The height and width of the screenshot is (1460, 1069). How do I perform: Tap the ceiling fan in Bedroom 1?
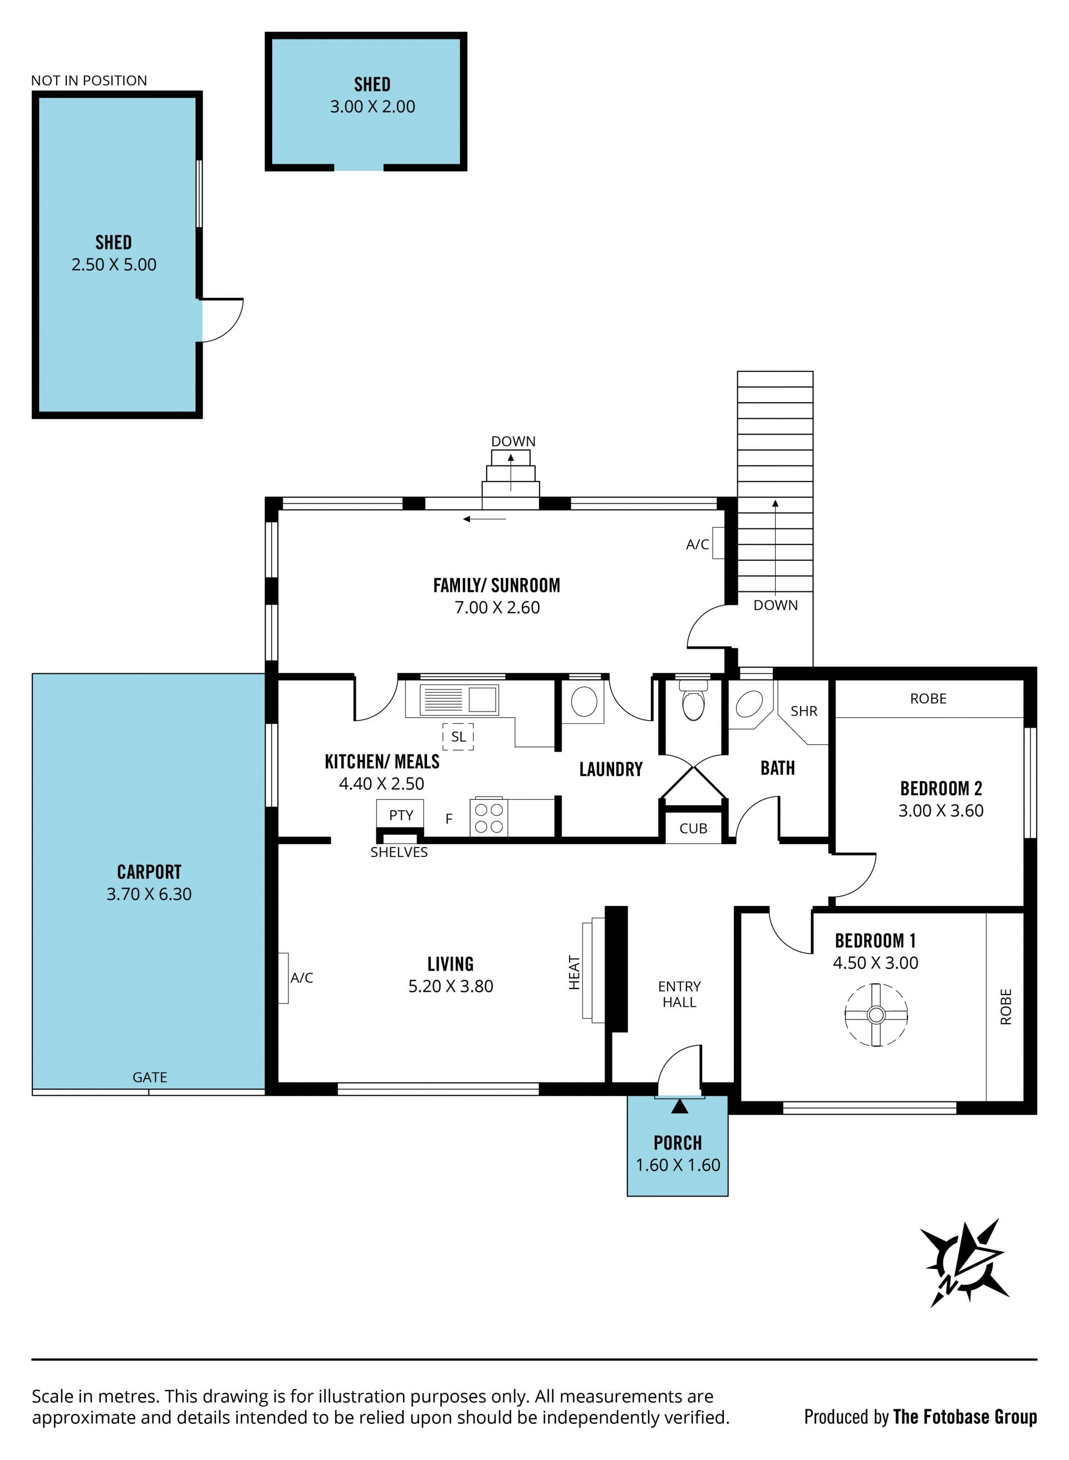point(876,1014)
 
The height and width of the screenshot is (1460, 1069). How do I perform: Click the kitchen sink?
point(459,699)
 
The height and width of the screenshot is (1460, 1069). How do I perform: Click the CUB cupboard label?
point(693,829)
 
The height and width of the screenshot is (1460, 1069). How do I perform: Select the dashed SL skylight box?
point(458,737)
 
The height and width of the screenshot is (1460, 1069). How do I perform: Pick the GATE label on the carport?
point(149,1077)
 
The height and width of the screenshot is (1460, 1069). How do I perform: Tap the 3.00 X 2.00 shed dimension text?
point(372,107)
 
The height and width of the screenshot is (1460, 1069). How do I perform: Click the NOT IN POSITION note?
point(89,80)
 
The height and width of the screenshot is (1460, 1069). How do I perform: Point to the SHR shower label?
point(803,711)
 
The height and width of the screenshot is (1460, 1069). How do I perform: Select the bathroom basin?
point(749,704)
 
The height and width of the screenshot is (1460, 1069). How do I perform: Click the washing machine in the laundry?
point(583,701)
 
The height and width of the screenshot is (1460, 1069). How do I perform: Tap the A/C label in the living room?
point(302,978)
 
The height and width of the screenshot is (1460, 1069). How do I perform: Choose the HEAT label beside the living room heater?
point(574,973)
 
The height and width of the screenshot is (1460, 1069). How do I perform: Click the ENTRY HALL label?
point(679,994)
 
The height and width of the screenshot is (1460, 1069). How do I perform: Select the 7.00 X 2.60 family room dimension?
point(497,607)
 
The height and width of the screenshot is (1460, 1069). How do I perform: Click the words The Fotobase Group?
point(965,1417)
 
